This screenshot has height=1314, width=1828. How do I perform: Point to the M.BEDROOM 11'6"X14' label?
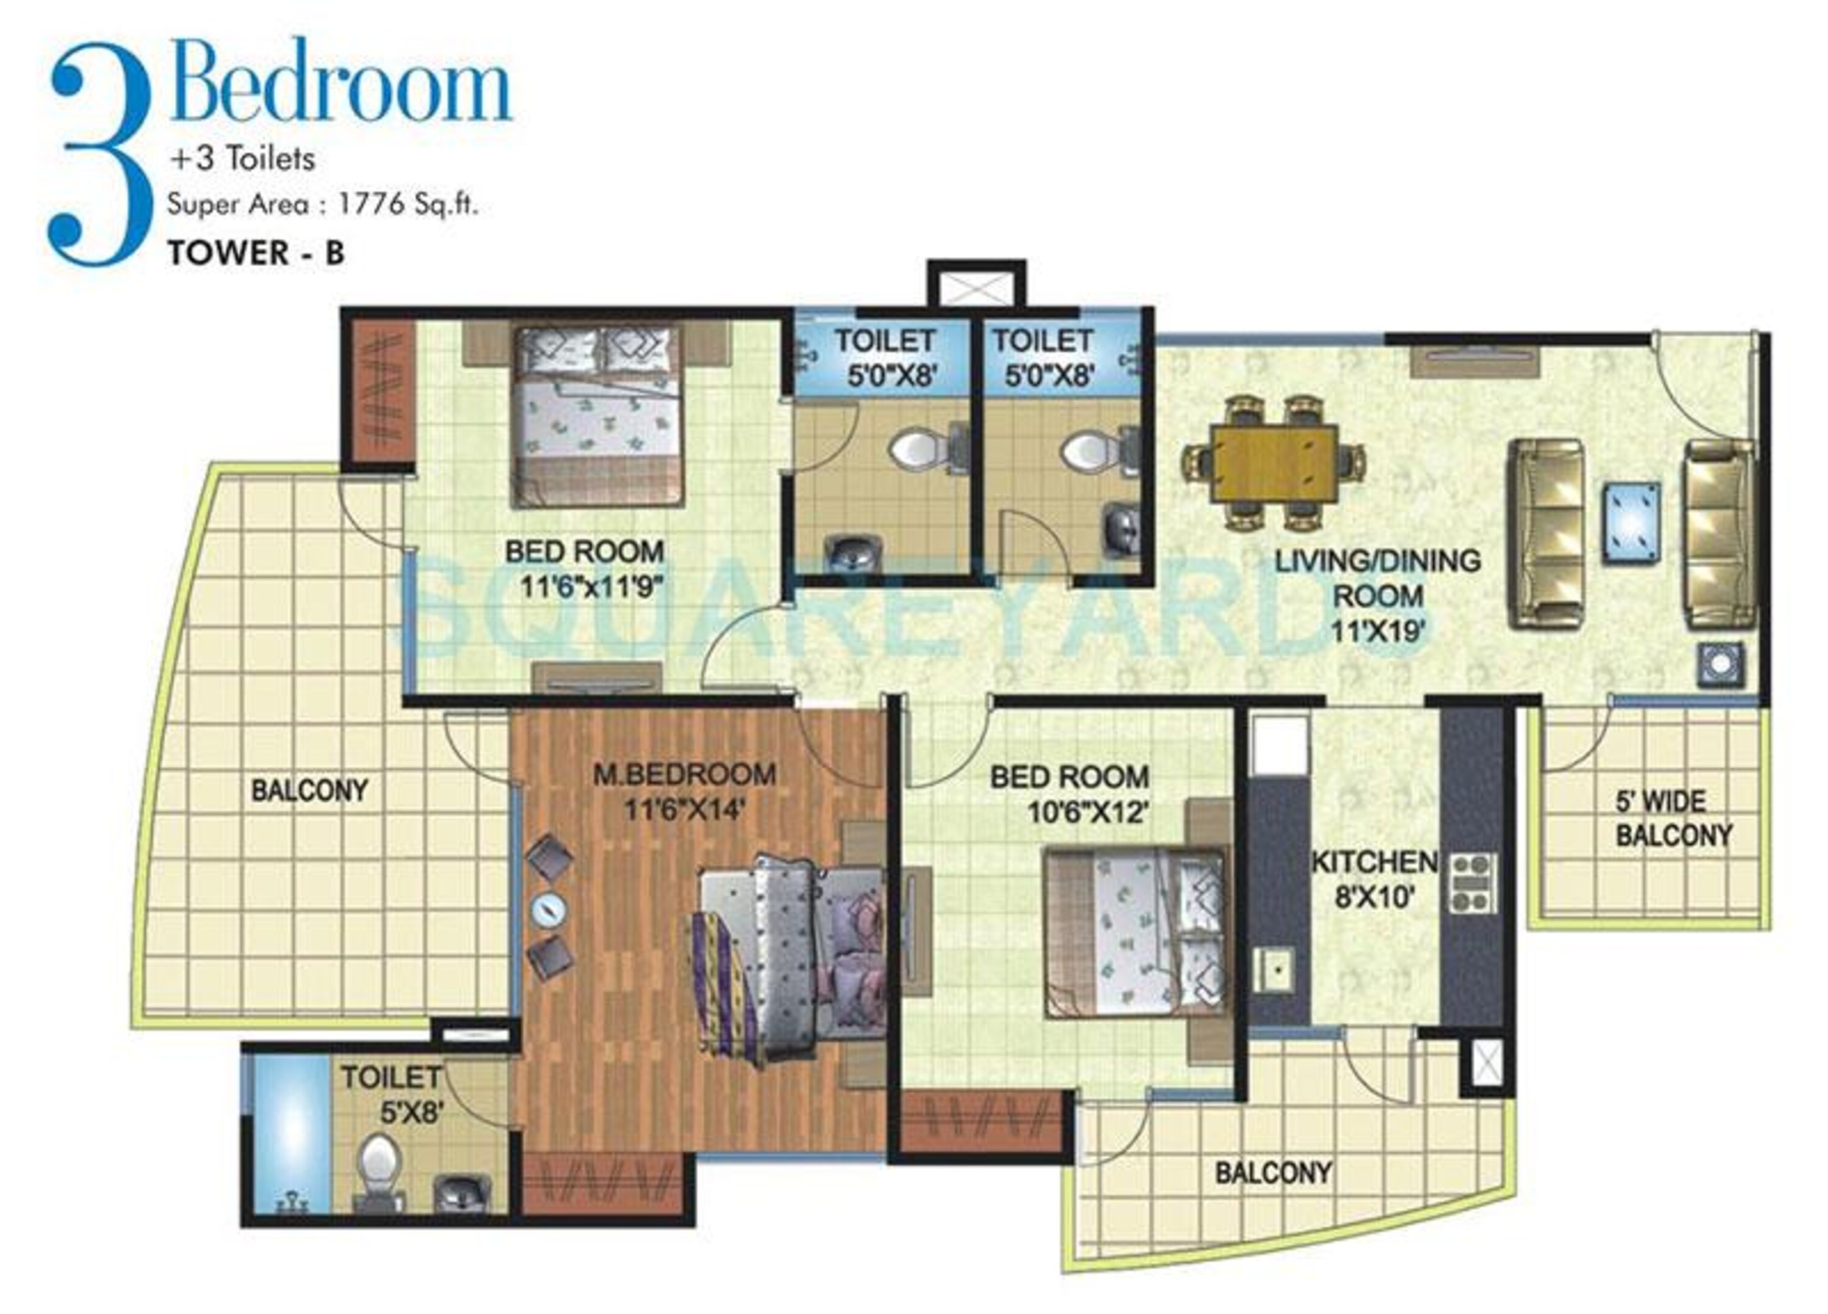coord(685,791)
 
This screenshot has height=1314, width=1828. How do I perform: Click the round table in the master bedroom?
coord(549,909)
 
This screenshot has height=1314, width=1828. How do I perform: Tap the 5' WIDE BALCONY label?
coord(1674,819)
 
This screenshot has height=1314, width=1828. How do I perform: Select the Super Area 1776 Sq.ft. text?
coord(322,205)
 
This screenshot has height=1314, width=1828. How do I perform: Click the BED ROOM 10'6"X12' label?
coord(1069,794)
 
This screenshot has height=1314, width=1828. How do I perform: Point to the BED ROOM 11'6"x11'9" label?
coord(585,569)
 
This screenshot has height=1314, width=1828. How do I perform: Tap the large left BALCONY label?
coord(310,790)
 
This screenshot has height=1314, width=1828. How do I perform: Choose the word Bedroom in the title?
coord(341,82)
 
